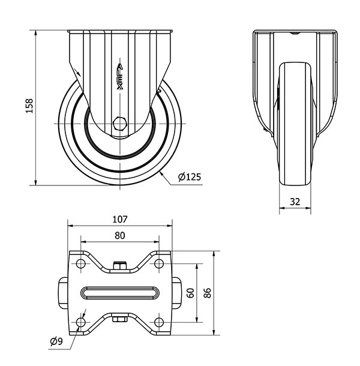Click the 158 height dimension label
29,106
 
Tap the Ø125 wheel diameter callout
190,177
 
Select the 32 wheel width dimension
295,202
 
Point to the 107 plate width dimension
120,220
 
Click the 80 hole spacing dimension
120,236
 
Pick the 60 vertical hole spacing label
191,293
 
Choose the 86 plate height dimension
208,293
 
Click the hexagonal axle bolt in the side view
120,123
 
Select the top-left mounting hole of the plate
81,263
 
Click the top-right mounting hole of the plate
159,263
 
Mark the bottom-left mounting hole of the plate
81,322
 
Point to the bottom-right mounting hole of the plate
159,322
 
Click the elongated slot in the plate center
120,293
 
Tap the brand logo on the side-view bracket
120,76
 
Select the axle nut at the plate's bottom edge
120,319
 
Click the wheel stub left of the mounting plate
63,293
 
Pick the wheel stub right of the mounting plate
177,293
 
